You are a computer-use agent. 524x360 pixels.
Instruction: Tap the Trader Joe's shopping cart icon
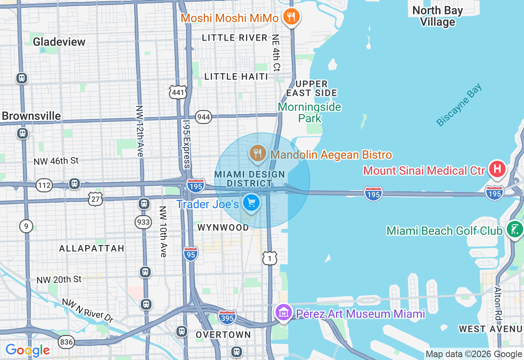pos(251,202)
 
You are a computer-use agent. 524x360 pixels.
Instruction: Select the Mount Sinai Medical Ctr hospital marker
pos(497,169)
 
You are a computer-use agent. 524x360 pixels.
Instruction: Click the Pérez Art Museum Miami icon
pos(283,313)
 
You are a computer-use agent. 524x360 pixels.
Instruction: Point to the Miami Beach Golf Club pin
pos(514,229)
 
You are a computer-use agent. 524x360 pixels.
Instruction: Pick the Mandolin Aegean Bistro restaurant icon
pos(257,153)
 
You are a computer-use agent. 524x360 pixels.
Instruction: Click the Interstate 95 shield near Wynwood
pos(191,254)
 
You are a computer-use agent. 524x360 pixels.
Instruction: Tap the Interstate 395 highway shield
pos(227,317)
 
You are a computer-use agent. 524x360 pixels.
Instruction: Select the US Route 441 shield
pos(178,92)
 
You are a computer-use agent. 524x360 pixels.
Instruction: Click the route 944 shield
pos(203,117)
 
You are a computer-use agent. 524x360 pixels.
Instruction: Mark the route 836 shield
pos(66,342)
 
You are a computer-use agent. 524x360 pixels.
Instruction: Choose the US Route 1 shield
pos(270,258)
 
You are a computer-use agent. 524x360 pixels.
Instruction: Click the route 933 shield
pos(143,222)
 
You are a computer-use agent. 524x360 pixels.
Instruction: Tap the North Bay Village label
pos(437,16)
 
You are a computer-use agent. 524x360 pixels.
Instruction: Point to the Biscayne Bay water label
pos(459,105)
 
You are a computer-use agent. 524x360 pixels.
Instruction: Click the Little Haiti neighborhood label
pos(236,76)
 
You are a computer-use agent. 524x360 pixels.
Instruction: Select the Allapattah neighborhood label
pos(91,248)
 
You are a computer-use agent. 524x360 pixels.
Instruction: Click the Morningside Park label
pos(309,112)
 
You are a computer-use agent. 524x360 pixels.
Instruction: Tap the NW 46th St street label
pos(56,161)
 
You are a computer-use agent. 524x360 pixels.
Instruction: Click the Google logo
pos(27,350)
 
